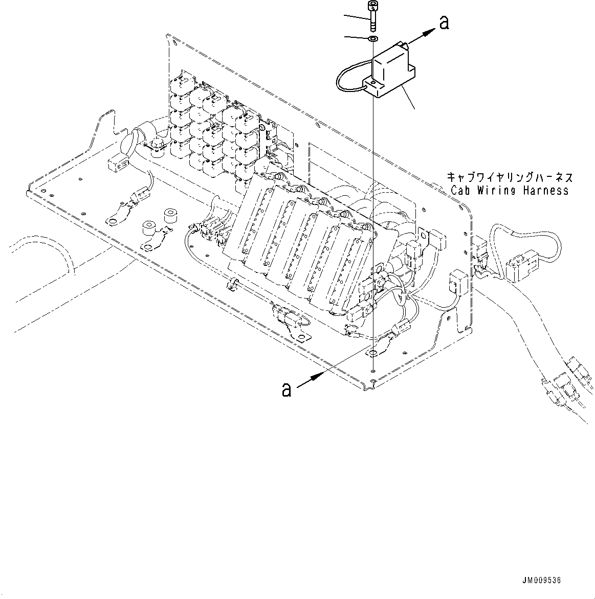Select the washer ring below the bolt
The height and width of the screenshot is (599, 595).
point(373,39)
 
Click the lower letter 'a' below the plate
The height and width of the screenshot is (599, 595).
point(287,390)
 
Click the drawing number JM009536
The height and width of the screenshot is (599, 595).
point(542,581)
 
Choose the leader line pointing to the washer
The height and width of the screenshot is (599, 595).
point(357,37)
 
